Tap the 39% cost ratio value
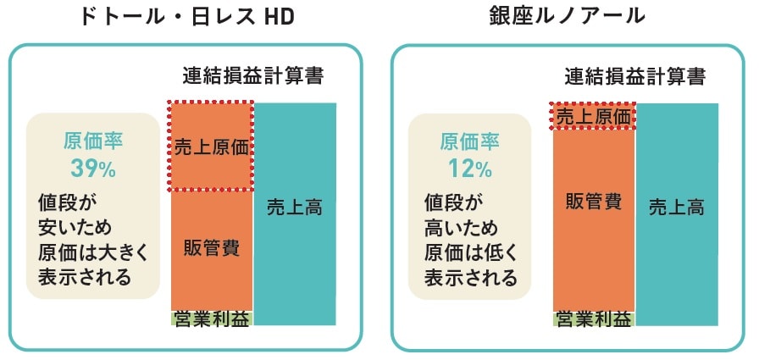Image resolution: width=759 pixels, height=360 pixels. (92, 169)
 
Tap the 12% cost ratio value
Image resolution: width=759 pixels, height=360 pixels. (470, 169)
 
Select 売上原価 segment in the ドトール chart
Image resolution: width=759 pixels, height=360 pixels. (211, 146)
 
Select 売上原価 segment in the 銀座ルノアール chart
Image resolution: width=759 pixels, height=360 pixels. (593, 116)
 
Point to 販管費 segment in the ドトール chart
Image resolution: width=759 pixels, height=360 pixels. (211, 248)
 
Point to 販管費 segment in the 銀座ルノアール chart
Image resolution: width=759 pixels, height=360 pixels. (593, 203)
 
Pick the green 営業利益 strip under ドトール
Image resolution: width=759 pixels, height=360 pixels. (211, 318)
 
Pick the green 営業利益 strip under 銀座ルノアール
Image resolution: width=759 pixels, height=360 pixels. (593, 318)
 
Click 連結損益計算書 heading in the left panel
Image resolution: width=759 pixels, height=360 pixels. (253, 76)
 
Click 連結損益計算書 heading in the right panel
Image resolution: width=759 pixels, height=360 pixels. (635, 76)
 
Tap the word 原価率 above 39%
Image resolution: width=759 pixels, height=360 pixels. (92, 141)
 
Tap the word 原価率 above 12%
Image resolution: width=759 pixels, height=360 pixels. (470, 141)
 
